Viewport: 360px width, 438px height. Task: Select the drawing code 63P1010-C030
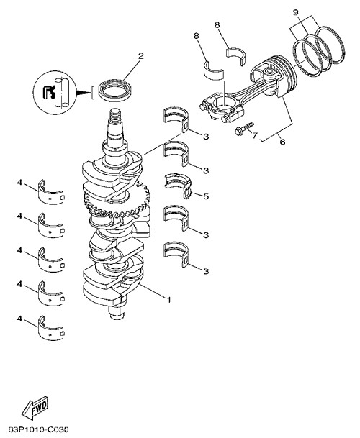pyautogui.click(x=38, y=429)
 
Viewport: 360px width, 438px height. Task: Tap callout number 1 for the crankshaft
pyautogui.click(x=168, y=300)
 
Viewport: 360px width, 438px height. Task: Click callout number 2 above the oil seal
pyautogui.click(x=140, y=55)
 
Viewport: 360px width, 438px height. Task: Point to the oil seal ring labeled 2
pyautogui.click(x=115, y=91)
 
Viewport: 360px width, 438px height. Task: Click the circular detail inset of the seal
pyautogui.click(x=55, y=93)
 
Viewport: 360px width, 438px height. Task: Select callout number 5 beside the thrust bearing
pyautogui.click(x=206, y=196)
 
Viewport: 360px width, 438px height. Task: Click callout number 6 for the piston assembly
pyautogui.click(x=282, y=142)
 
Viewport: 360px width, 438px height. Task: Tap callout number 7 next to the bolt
pyautogui.click(x=255, y=135)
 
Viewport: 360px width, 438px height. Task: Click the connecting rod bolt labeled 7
pyautogui.click(x=245, y=128)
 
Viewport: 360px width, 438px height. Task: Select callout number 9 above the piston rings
pyautogui.click(x=296, y=12)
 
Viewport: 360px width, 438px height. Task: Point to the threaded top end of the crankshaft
pyautogui.click(x=114, y=115)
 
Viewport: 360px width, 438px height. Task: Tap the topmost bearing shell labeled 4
pyautogui.click(x=51, y=192)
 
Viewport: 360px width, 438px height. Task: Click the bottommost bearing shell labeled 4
pyautogui.click(x=51, y=328)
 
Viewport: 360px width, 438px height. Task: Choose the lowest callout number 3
pyautogui.click(x=206, y=271)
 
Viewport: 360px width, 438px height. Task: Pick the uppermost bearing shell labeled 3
pyautogui.click(x=176, y=119)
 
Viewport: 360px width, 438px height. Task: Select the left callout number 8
pyautogui.click(x=196, y=36)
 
